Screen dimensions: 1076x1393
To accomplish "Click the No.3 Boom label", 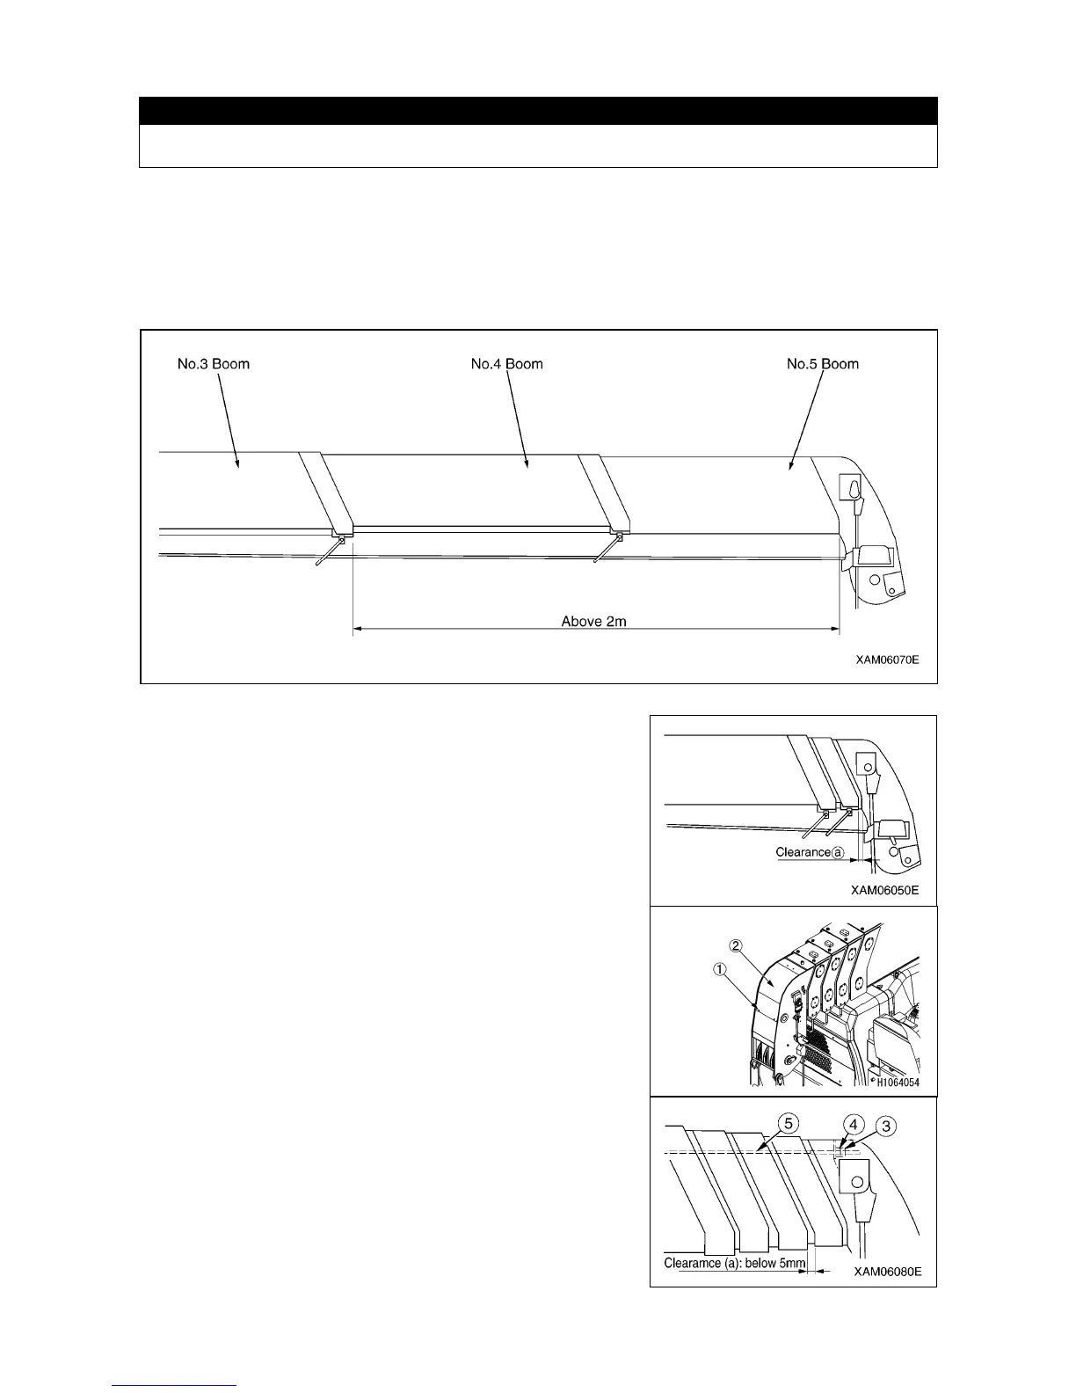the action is click(214, 364).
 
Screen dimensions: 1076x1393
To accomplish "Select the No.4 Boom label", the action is click(507, 364).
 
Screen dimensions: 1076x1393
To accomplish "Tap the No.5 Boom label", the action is click(823, 364).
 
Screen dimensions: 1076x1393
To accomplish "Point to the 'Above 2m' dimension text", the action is click(593, 622).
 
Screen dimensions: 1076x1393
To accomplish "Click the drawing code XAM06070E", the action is click(888, 659).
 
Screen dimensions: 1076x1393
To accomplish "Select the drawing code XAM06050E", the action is click(885, 890).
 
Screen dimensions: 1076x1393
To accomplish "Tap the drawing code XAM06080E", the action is click(888, 1272).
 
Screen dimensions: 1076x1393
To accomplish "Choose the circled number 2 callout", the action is click(737, 946).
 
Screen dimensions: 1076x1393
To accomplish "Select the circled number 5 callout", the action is click(789, 1125).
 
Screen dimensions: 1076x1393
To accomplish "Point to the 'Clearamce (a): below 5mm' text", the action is click(734, 1265).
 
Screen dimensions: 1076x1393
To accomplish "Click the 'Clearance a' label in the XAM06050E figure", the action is click(810, 852).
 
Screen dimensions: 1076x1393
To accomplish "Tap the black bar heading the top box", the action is click(538, 111).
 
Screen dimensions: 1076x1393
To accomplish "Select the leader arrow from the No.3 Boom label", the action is click(227, 413).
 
